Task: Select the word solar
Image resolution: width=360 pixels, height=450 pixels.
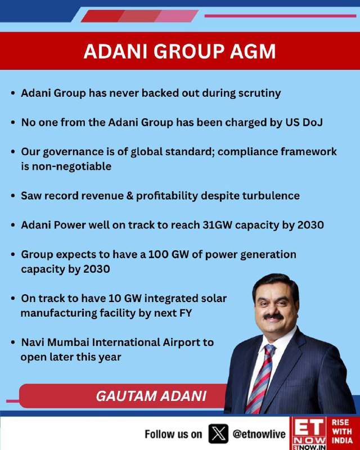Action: pyautogui.click(x=214, y=299)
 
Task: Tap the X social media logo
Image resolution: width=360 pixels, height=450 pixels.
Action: pyautogui.click(x=218, y=434)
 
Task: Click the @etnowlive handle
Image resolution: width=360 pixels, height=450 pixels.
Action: pyautogui.click(x=259, y=434)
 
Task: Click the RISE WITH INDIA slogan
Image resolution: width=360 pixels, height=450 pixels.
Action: pyautogui.click(x=342, y=431)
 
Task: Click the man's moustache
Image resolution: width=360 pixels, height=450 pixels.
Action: pyautogui.click(x=273, y=317)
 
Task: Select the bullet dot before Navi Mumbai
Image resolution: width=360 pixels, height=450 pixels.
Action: pyautogui.click(x=12, y=343)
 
